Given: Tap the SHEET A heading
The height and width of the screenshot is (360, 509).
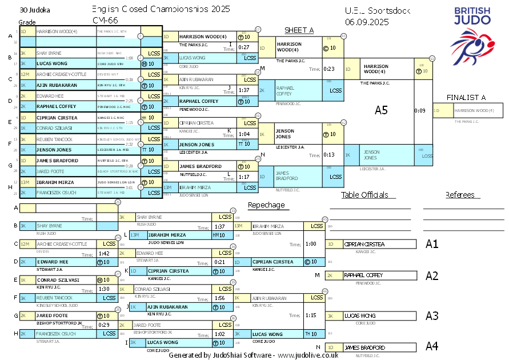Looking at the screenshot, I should [x=299, y=30].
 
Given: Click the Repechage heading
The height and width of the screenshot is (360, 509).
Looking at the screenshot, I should [x=266, y=205].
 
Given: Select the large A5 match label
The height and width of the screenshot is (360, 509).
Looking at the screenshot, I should [x=381, y=110].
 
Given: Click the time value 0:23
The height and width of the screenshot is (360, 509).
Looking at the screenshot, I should [x=328, y=69].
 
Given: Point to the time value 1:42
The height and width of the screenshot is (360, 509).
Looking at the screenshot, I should [x=104, y=253].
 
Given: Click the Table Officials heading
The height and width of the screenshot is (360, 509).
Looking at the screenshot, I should [x=364, y=195].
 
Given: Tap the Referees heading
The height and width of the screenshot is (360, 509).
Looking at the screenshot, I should [x=460, y=195].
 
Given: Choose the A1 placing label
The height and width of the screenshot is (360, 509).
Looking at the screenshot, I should [x=432, y=244].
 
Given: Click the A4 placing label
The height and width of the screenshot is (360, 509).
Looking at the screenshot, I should [x=432, y=346].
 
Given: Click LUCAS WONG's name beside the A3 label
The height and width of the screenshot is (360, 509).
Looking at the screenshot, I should [x=359, y=315].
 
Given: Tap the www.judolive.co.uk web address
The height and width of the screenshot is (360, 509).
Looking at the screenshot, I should [x=308, y=355].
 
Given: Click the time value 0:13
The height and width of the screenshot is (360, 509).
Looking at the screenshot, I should [x=328, y=154].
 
